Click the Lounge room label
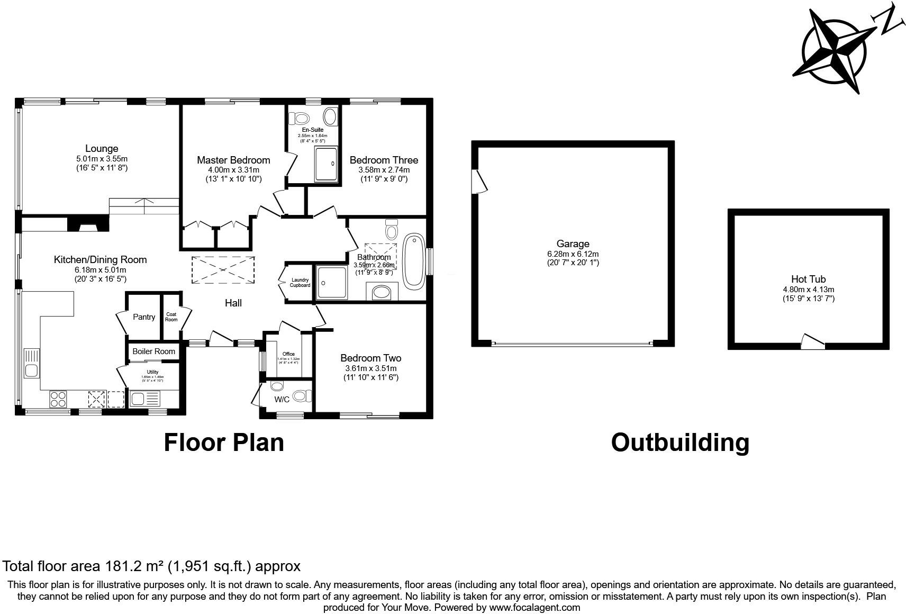[x=102, y=149]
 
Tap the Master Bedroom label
[x=233, y=160]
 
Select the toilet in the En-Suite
[x=301, y=118]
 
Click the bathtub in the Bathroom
[x=413, y=262]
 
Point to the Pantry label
[x=144, y=317]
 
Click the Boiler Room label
[x=153, y=351]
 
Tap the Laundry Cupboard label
[x=300, y=283]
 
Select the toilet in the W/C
[x=302, y=395]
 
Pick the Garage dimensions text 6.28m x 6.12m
[x=573, y=254]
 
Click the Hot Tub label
[x=808, y=279]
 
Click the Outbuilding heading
[x=680, y=443]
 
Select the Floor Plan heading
[x=224, y=443]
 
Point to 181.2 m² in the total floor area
[x=134, y=566]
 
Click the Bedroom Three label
[x=384, y=160]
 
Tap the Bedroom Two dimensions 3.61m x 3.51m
[x=370, y=368]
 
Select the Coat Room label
[x=171, y=317]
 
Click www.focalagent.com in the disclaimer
[x=534, y=608]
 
